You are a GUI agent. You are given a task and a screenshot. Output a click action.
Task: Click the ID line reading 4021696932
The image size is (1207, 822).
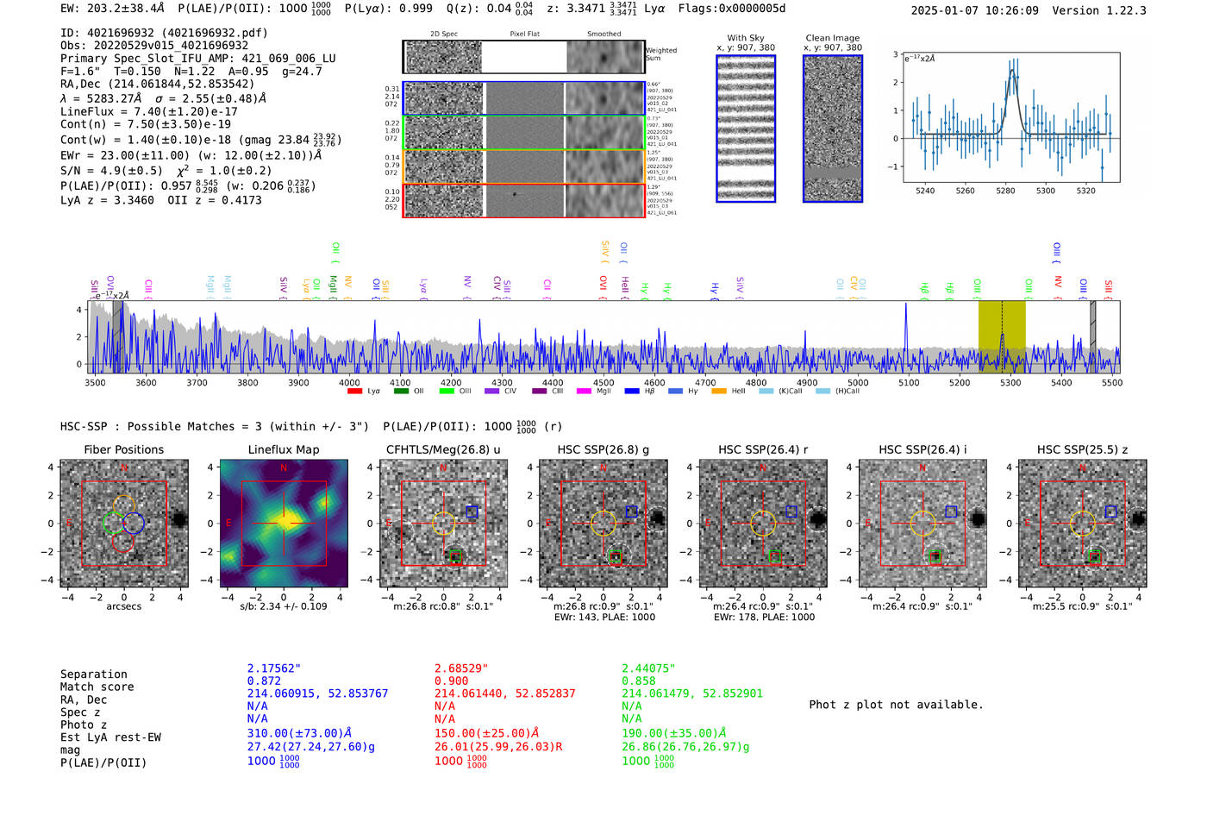(x=164, y=33)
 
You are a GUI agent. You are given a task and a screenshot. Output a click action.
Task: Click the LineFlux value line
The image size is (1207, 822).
(x=149, y=111)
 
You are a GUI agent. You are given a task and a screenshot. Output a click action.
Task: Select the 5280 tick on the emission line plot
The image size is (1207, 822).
(x=1005, y=191)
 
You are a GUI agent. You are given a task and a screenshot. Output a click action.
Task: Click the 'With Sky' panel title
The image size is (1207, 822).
(x=745, y=38)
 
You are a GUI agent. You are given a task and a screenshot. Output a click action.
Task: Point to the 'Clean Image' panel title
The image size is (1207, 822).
(x=832, y=38)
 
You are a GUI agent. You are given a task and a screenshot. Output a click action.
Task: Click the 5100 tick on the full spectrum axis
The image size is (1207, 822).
(x=909, y=383)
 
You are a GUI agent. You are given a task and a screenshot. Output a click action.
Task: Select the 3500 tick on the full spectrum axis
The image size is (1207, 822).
(x=95, y=383)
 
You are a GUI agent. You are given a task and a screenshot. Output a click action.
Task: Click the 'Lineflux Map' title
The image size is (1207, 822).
(x=283, y=449)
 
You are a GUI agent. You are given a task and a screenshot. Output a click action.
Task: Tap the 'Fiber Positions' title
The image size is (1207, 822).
(x=123, y=449)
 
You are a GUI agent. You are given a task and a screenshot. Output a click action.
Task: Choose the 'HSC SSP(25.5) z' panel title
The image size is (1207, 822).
(x=1082, y=449)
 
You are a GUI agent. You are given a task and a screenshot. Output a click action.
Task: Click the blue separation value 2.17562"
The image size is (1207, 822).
(x=274, y=668)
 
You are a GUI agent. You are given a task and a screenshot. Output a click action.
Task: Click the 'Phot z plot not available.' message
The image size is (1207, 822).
(x=896, y=705)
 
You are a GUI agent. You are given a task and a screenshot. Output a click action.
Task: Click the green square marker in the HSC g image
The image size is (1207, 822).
(x=616, y=557)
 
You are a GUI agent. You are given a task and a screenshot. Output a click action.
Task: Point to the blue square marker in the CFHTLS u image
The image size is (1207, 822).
(x=472, y=511)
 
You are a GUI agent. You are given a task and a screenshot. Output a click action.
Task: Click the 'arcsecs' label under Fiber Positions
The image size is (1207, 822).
(x=123, y=606)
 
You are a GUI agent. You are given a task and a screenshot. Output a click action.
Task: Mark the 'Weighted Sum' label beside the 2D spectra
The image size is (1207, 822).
(x=660, y=53)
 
